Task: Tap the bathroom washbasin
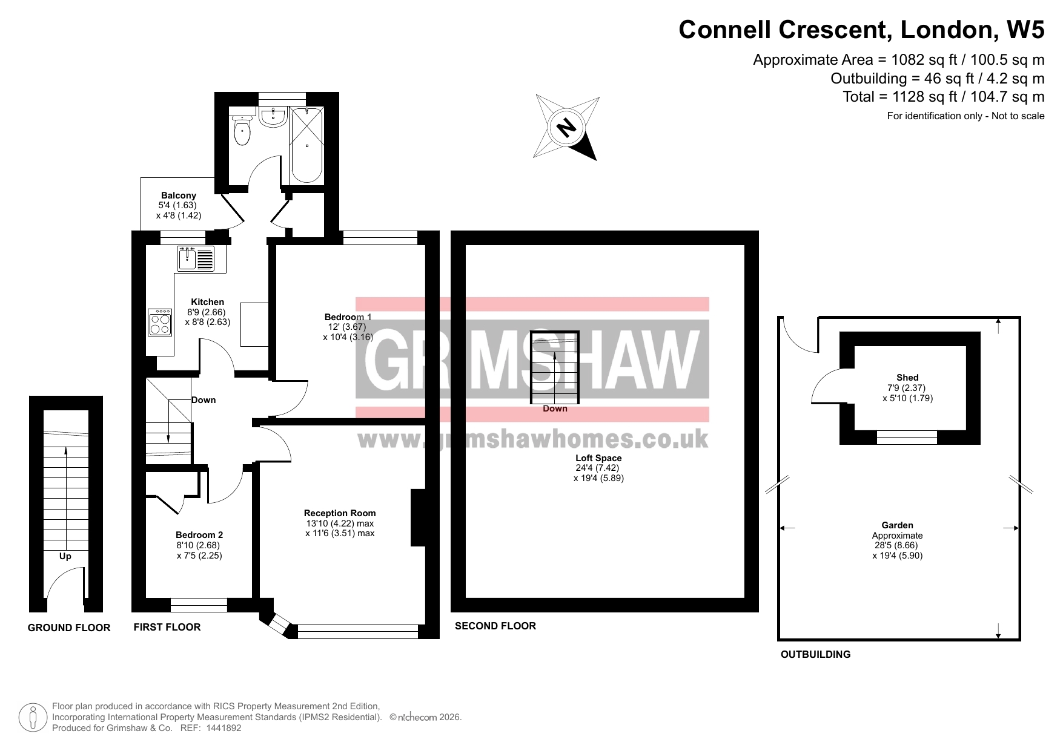[274, 117]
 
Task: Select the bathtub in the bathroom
[306, 145]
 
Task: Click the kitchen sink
[196, 258]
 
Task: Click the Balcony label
[179, 195]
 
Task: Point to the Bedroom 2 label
[199, 535]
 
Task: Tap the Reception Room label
[340, 513]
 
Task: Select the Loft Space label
[598, 458]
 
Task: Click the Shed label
[907, 378]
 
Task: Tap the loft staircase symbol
[555, 367]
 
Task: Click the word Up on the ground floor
[65, 556]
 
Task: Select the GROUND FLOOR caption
[69, 628]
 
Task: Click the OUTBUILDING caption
[815, 654]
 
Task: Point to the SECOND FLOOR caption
[495, 626]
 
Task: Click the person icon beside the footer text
[33, 717]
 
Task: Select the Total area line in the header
[944, 97]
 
